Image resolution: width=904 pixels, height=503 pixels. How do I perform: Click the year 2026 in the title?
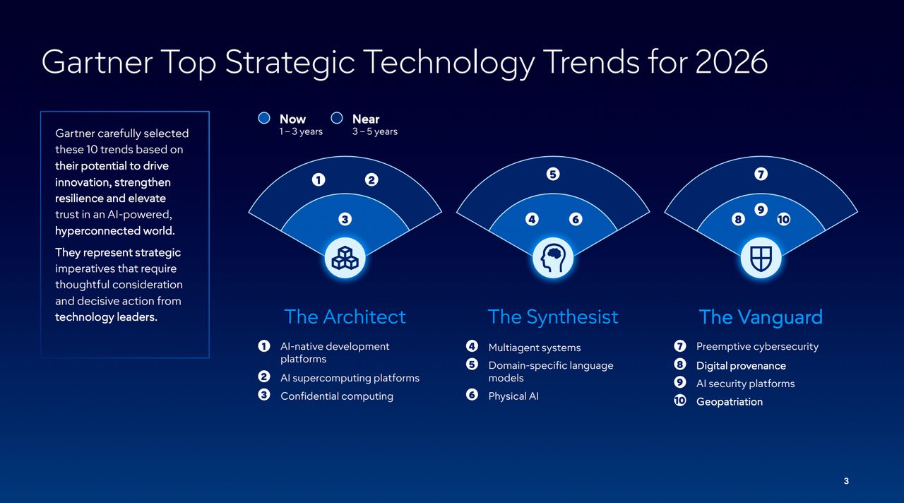[x=731, y=62]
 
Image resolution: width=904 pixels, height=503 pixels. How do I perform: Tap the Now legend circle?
[x=264, y=119]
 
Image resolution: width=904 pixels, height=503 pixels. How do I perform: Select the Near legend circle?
[x=337, y=119]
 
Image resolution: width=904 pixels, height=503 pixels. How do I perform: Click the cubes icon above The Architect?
[x=345, y=258]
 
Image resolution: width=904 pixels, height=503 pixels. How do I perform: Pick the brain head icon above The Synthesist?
[x=552, y=258]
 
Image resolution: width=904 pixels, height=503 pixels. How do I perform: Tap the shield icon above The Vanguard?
[x=761, y=258]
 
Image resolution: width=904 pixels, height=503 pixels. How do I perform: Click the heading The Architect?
[x=345, y=317]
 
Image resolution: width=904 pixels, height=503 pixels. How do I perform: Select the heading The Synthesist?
[x=552, y=317]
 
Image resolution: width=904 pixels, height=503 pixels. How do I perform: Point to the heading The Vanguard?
[x=761, y=317]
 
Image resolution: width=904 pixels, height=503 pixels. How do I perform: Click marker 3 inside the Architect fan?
[x=345, y=220]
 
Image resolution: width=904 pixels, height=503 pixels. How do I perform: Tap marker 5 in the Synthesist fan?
[x=552, y=174]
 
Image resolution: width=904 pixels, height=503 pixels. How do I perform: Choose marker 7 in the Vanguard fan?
[x=761, y=174]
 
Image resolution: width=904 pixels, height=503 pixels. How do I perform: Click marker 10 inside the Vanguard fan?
[x=783, y=220]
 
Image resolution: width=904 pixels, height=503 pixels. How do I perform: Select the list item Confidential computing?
[x=336, y=396]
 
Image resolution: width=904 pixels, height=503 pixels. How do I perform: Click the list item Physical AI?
[x=513, y=396]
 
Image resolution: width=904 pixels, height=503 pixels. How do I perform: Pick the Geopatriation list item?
[x=729, y=402]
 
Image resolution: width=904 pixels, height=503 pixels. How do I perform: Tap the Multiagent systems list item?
[x=534, y=348]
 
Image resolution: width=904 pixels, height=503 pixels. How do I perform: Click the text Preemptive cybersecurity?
[x=757, y=347]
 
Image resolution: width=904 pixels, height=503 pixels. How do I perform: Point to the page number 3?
[x=846, y=481]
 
